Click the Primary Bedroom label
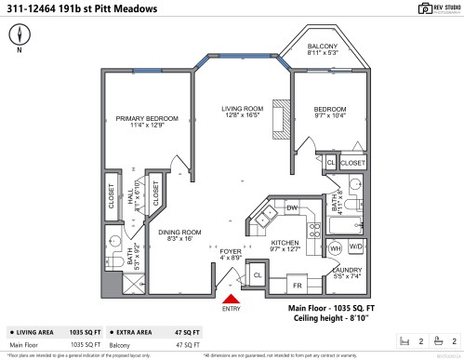click(139, 122)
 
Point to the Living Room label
click(243, 113)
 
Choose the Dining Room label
click(179, 235)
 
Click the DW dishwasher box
click(291, 207)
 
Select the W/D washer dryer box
click(355, 248)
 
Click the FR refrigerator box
click(298, 285)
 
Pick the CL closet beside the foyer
click(258, 275)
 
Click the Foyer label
click(230, 254)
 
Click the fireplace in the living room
click(278, 117)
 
